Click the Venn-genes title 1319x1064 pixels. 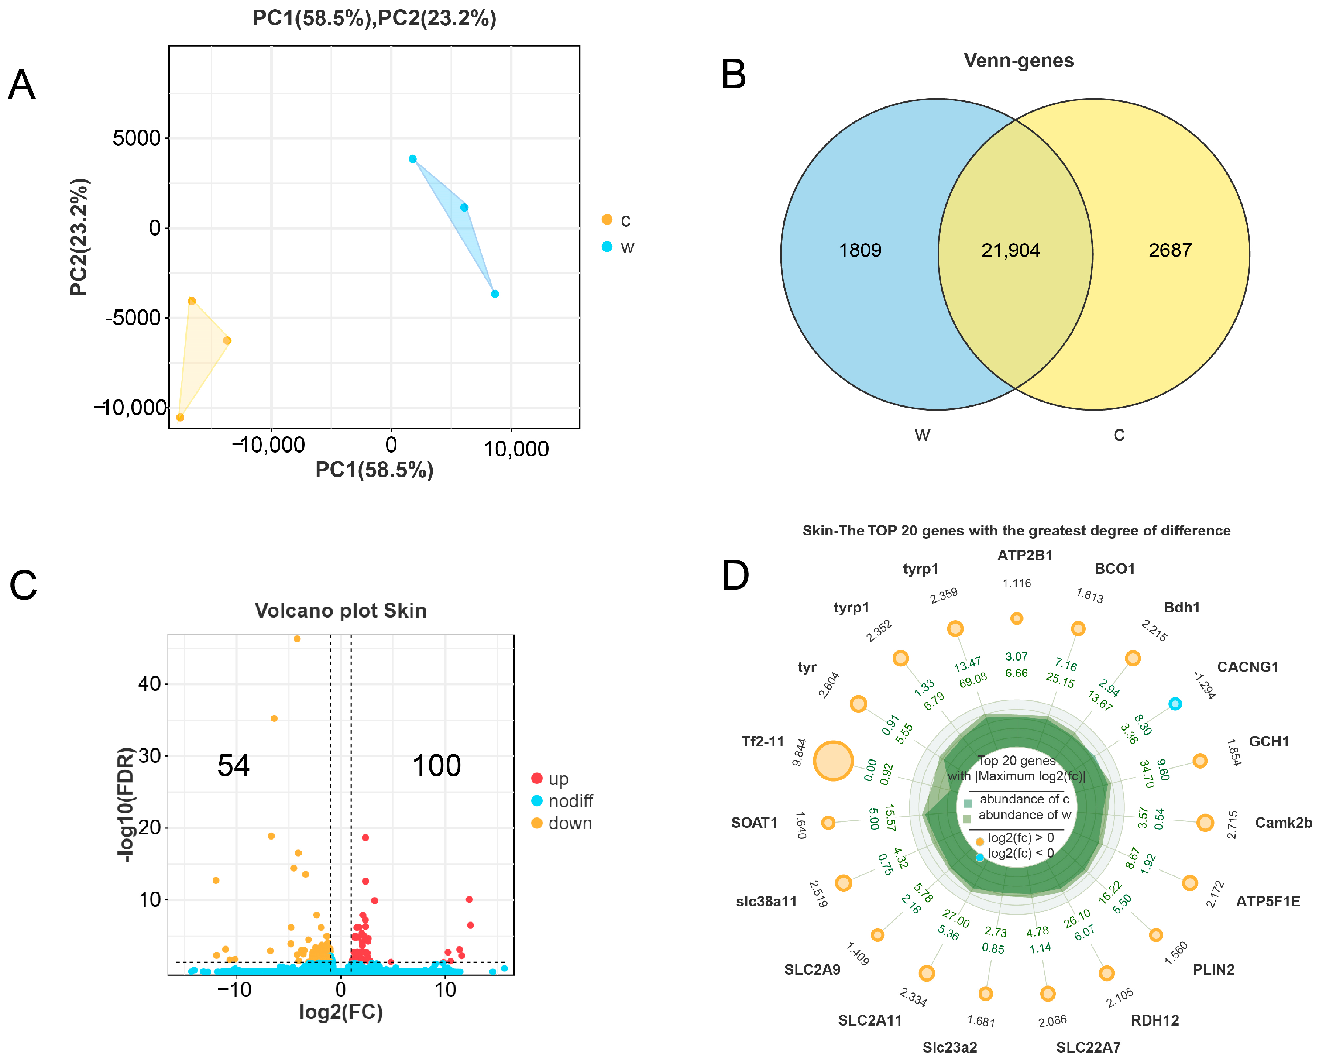pyautogui.click(x=1018, y=60)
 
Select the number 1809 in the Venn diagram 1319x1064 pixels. pyautogui.click(x=859, y=250)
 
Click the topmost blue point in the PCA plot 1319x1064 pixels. pyautogui.click(x=412, y=159)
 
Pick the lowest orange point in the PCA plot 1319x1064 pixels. pyautogui.click(x=180, y=417)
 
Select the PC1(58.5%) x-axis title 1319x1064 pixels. pyautogui.click(x=374, y=470)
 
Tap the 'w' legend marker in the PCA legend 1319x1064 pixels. pyautogui.click(x=607, y=247)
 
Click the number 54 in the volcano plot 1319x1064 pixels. pyautogui.click(x=234, y=765)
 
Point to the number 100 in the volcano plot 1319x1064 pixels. pyautogui.click(x=436, y=765)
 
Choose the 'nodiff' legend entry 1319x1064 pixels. pyautogui.click(x=570, y=801)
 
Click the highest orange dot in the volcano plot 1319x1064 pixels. pyautogui.click(x=297, y=638)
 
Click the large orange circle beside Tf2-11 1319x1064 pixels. pyautogui.click(x=833, y=761)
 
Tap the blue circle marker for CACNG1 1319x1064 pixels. pyautogui.click(x=1175, y=704)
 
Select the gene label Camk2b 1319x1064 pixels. pyautogui.click(x=1283, y=823)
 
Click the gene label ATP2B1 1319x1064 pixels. pyautogui.click(x=1024, y=555)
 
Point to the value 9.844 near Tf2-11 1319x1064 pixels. pyautogui.click(x=799, y=752)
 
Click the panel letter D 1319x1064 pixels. pyautogui.click(x=735, y=576)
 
